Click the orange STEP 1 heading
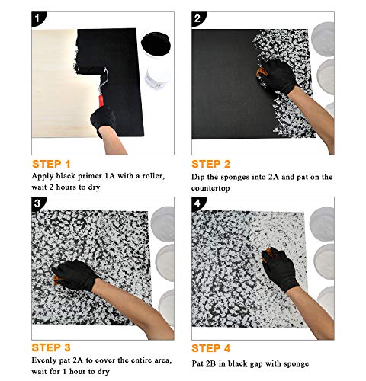51,164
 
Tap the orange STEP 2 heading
211,164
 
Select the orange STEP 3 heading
51,347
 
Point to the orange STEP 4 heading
211,348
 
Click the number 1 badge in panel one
37,18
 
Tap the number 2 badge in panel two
197,18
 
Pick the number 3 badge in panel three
37,203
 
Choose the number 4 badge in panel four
197,203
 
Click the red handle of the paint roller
101,101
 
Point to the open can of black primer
156,44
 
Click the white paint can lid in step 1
158,76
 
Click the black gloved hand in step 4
280,268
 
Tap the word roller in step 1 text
153,176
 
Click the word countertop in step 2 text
210,188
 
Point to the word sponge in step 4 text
296,364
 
